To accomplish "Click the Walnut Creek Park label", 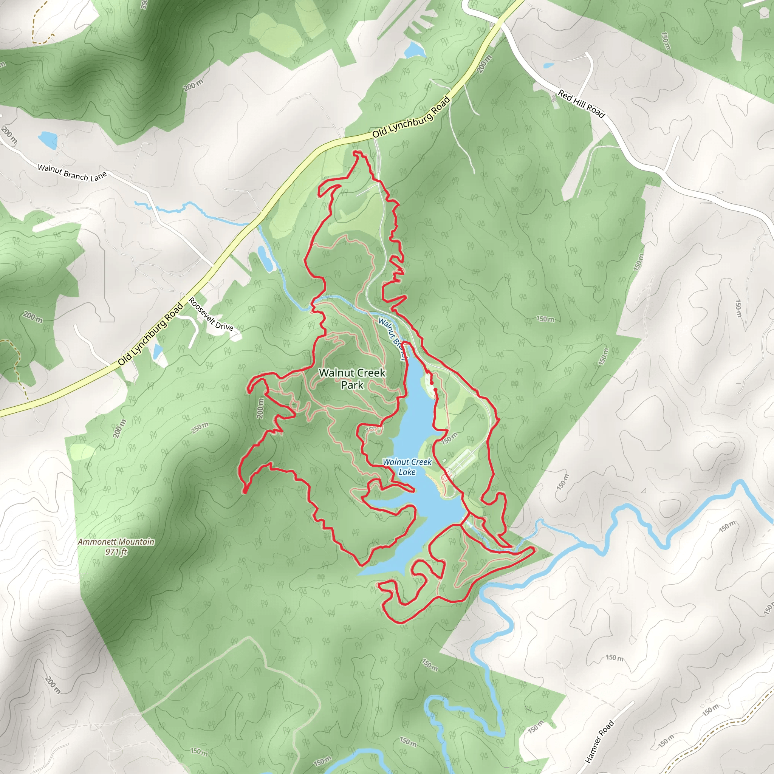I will [x=352, y=379].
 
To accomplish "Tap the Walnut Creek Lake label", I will [x=407, y=467].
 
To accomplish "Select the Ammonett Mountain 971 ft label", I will [x=116, y=546].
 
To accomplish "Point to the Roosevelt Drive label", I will [x=211, y=314].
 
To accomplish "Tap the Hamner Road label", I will [x=599, y=741].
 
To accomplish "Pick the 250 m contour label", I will [x=200, y=428].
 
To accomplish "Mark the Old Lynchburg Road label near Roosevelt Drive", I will [x=151, y=334].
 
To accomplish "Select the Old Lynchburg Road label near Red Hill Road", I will [x=412, y=117].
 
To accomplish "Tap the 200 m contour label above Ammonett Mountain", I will [x=119, y=428].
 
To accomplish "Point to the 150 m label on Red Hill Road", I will [x=666, y=41].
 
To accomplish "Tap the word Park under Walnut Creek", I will [x=352, y=385].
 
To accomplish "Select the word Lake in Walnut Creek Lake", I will [x=407, y=472].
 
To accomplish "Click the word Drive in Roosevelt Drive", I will [x=224, y=326].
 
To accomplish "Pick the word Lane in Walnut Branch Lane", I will [x=99, y=176].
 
